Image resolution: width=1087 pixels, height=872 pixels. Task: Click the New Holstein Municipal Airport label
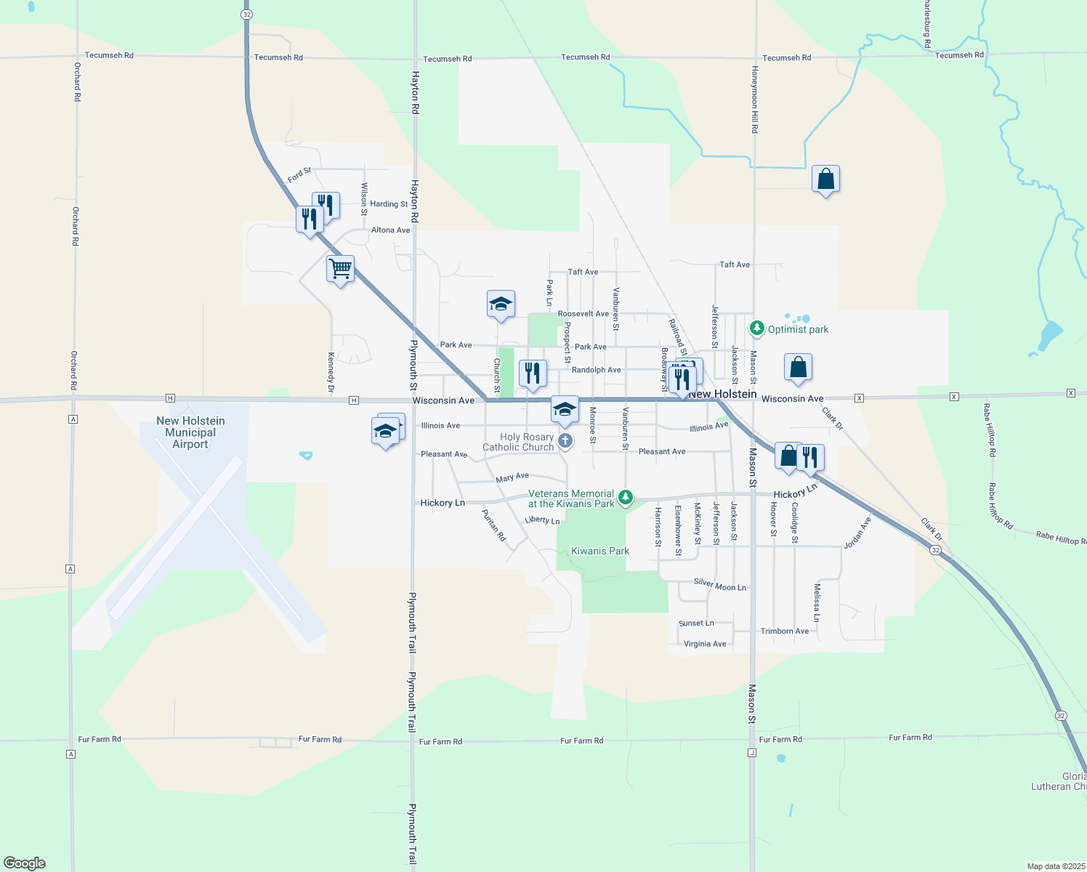190,432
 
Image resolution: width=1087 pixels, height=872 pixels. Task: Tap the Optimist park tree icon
757,329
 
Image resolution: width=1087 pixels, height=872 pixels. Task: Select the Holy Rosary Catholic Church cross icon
565,441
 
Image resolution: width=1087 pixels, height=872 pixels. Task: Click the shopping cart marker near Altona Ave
340,269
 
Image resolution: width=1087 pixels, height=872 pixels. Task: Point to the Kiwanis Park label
600,551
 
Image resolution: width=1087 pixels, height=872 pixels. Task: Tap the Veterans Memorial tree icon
625,498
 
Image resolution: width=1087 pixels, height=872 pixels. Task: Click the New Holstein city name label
722,394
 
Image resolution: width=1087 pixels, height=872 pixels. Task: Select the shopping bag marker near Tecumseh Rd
825,179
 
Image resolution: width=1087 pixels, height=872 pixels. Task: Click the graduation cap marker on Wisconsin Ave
565,410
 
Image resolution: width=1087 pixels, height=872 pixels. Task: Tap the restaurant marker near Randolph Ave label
533,374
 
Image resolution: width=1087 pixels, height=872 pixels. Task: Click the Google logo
25,863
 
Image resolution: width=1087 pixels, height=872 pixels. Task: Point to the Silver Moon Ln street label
719,585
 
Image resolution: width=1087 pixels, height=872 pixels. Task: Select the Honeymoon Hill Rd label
755,100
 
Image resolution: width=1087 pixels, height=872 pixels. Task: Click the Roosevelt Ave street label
583,314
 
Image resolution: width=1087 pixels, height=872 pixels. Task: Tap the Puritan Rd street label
494,525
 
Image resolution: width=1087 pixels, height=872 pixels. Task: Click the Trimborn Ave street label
784,631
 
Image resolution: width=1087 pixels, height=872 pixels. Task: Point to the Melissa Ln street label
817,602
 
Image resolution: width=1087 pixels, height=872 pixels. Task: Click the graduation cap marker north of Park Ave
501,304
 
